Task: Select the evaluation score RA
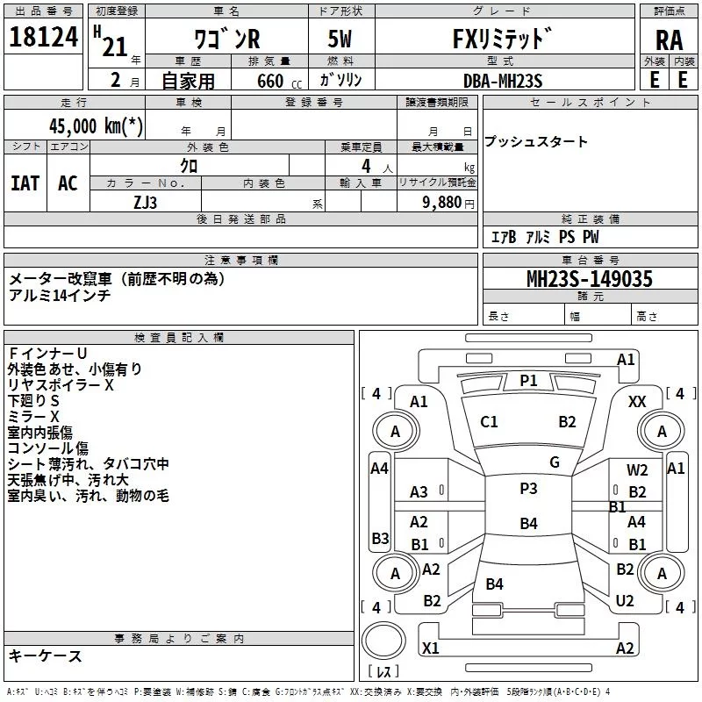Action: coord(669,40)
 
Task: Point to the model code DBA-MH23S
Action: coord(503,80)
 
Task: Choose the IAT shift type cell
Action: coord(25,183)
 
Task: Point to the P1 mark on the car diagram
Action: coord(528,380)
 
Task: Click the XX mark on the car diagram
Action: coord(638,401)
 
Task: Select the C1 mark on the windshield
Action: coord(489,422)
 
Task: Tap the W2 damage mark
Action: coord(637,470)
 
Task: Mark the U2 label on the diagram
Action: coord(625,600)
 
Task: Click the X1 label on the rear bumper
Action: coord(431,648)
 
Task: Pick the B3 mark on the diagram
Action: coord(380,538)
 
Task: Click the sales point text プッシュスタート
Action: coord(536,142)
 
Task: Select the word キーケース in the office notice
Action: coord(45,655)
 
